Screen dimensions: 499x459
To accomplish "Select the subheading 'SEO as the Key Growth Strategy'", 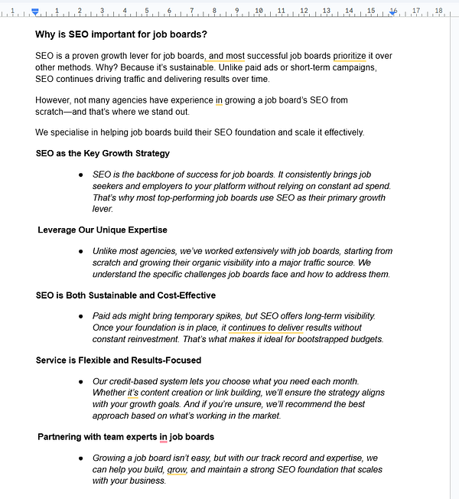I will tap(103, 154).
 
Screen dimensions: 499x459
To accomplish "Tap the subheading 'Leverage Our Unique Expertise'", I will tap(102, 230).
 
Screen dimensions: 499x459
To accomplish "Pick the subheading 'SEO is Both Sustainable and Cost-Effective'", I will tap(125, 295).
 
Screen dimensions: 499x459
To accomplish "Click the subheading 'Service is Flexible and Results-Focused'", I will tap(119, 360).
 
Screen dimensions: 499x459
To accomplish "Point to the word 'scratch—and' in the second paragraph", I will tap(62, 112).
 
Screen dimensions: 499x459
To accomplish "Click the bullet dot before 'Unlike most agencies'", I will tap(81, 251).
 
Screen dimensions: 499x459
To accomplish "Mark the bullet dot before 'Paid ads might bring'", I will tap(81, 316).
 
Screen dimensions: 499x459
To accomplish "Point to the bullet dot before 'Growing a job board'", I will tap(81, 458).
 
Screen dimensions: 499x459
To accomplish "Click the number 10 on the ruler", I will tap(259, 11).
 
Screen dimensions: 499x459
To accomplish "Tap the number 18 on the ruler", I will tap(438, 11).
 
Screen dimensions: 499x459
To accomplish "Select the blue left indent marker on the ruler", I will tap(35, 12).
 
